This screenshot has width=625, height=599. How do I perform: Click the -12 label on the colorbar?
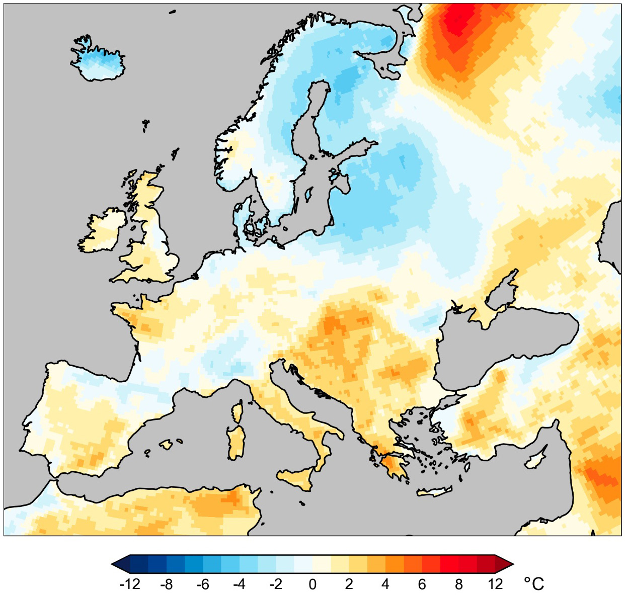click(129, 584)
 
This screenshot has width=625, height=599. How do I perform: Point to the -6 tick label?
click(203, 584)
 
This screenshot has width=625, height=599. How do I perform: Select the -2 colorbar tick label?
click(276, 584)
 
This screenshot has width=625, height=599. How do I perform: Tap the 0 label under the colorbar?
click(312, 584)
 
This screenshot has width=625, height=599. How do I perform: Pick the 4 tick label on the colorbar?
click(385, 584)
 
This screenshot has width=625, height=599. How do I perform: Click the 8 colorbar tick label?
click(458, 584)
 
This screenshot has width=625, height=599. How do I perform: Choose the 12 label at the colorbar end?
click(495, 584)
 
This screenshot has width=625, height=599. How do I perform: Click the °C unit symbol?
click(534, 584)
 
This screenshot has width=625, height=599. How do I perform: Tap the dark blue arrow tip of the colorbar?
click(118, 564)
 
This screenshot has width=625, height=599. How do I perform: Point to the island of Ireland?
click(103, 231)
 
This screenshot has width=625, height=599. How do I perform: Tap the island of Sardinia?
click(235, 443)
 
